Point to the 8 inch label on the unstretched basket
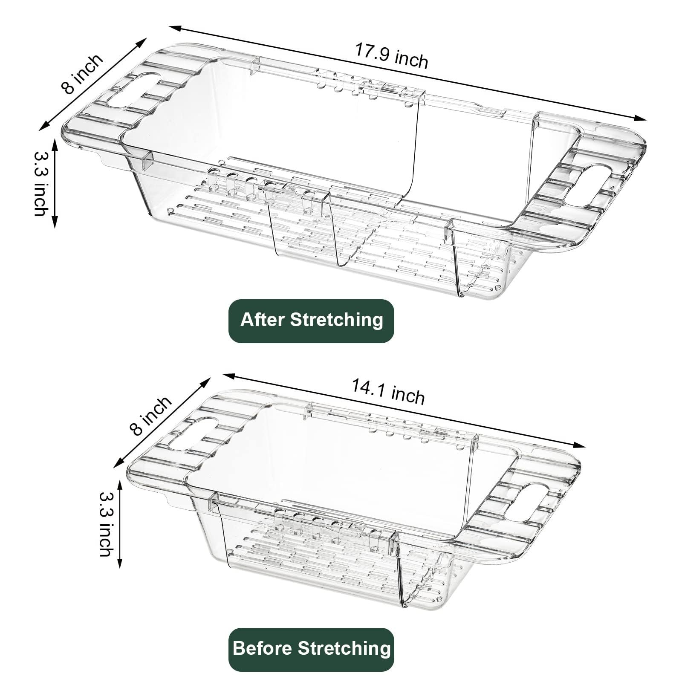coord(151,415)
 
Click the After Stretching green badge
coord(311,321)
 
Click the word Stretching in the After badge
coord(343,321)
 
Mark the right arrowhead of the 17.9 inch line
coord(641,119)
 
